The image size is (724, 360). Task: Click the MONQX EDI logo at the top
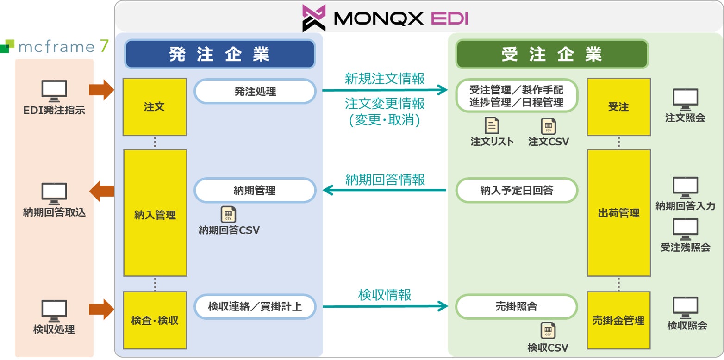point(385,18)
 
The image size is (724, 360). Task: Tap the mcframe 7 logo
point(55,46)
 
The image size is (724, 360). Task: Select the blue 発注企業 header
point(219,54)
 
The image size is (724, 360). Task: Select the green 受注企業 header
point(552,54)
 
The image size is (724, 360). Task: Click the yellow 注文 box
point(155,107)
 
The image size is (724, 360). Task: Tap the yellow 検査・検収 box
point(155,320)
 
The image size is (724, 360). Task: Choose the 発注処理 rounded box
point(255,92)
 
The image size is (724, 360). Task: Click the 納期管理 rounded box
point(255,190)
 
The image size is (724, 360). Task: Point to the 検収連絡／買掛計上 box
point(255,306)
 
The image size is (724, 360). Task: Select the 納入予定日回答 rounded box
point(517,190)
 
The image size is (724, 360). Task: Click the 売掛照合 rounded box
point(517,306)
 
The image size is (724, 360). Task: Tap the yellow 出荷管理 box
point(618,213)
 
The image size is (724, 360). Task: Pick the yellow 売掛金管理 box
point(618,320)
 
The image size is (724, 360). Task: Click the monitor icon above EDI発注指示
point(54,91)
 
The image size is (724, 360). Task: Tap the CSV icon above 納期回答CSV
point(228,215)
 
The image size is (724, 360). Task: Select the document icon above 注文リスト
point(492,126)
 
